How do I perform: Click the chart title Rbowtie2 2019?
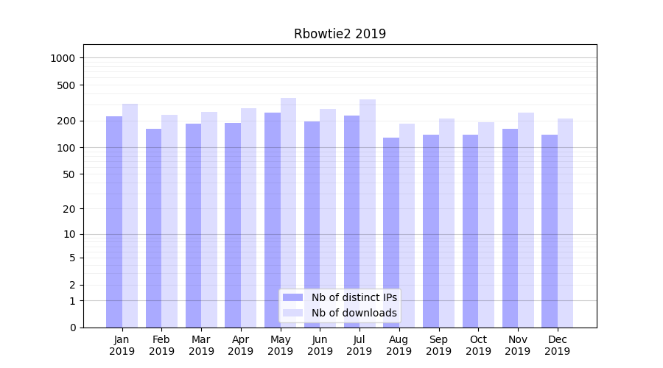pos(340,34)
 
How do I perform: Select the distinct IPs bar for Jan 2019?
pos(114,221)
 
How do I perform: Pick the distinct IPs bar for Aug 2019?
pos(391,232)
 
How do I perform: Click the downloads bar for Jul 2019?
pos(368,213)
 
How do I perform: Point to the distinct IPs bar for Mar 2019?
pos(193,224)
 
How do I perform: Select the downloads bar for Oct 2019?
pos(486,224)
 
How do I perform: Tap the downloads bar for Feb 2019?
pos(169,221)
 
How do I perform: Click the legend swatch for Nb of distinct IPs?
pos(292,297)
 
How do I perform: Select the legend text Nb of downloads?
pos(354,313)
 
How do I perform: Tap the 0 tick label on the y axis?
pos(72,328)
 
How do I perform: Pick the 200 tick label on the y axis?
pos(67,121)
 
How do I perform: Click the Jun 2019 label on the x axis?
pos(320,345)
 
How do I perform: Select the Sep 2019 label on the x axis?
pos(438,345)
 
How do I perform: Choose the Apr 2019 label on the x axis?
pos(240,345)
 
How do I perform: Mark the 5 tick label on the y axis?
pos(72,258)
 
